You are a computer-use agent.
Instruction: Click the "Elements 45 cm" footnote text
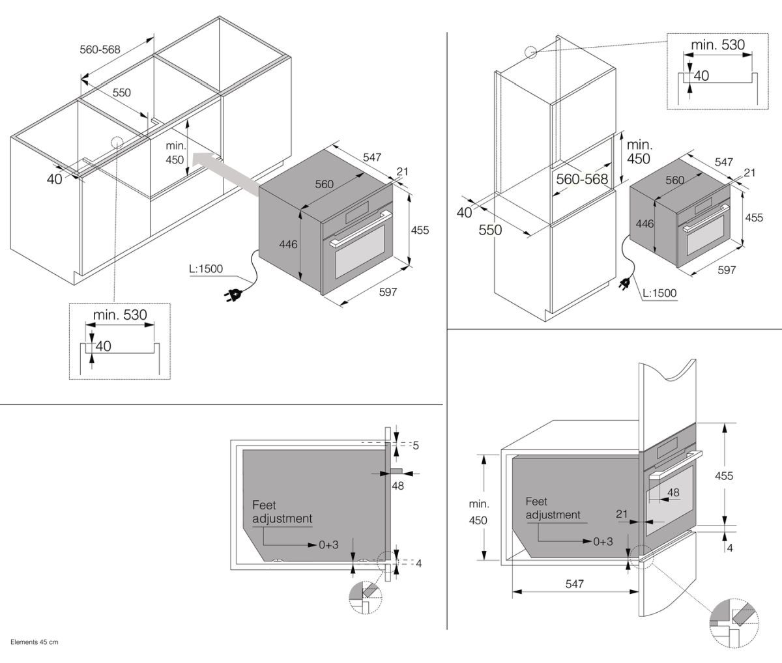(x=35, y=642)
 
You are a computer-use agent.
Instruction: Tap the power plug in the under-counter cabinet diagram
(x=233, y=293)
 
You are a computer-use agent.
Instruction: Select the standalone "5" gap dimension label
(x=416, y=445)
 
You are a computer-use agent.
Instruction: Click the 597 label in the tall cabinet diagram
(x=727, y=270)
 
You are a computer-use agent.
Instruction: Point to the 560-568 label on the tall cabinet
(x=582, y=179)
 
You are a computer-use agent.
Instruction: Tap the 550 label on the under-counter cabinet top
(x=121, y=92)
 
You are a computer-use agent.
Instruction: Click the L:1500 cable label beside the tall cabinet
(x=659, y=293)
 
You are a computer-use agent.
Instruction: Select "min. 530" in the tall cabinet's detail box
(x=717, y=45)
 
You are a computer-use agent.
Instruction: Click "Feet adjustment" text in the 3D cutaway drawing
(x=553, y=508)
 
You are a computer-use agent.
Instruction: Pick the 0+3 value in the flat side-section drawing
(x=328, y=544)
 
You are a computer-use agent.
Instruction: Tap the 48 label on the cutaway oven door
(x=673, y=492)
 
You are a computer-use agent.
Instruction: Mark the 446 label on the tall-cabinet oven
(x=644, y=224)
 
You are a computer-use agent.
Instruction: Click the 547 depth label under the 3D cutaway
(x=574, y=584)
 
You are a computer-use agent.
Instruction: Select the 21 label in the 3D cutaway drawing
(x=622, y=514)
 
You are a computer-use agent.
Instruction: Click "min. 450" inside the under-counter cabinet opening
(x=175, y=153)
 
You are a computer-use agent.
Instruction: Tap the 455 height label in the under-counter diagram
(x=420, y=231)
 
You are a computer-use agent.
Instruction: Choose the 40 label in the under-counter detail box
(x=103, y=346)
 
